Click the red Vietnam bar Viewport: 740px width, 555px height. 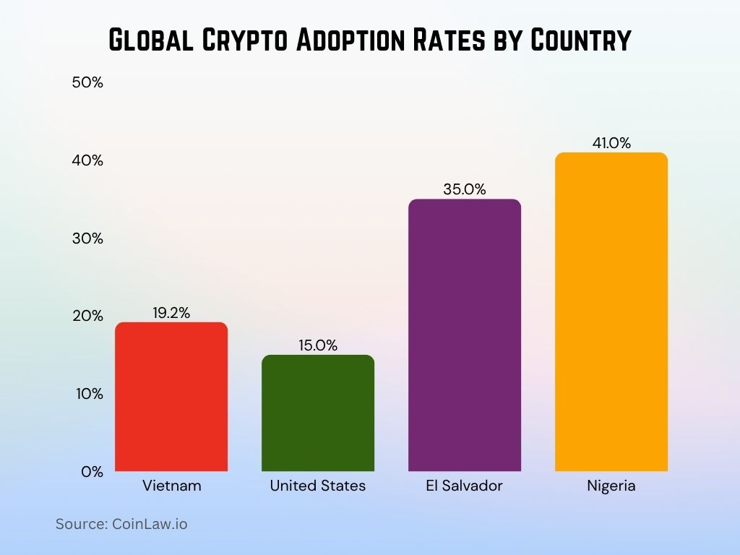coord(171,397)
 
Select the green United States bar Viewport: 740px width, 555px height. coord(318,413)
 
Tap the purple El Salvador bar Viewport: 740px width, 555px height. coord(465,335)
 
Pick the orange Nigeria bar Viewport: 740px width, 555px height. coord(611,312)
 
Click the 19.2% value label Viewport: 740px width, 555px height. coord(171,313)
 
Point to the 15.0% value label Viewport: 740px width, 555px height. coord(318,345)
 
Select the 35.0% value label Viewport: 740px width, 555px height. coord(465,189)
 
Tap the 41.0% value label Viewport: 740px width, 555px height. coord(611,143)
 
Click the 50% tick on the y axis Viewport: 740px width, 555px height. coord(88,82)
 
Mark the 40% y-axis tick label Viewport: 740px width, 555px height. coord(88,160)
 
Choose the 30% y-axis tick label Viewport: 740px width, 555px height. coord(88,238)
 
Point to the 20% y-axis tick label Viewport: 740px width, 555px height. coord(88,316)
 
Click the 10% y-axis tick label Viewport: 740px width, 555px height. coord(88,394)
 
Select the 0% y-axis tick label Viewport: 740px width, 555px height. coord(92,472)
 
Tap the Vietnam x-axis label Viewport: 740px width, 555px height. coord(172,486)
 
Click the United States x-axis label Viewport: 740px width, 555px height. coord(318,486)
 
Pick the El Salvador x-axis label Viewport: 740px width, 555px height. coord(465,486)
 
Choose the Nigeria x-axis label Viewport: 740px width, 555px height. coord(611,486)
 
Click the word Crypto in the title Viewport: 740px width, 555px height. coord(236,40)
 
